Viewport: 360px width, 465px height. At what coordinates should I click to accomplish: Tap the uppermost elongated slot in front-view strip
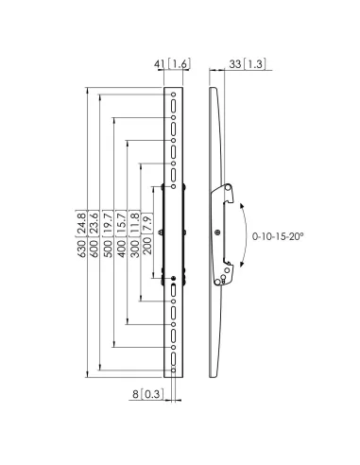(175, 107)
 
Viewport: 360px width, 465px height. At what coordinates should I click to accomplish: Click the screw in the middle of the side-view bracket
(219, 232)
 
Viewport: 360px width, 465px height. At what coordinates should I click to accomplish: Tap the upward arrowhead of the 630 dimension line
(88, 92)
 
